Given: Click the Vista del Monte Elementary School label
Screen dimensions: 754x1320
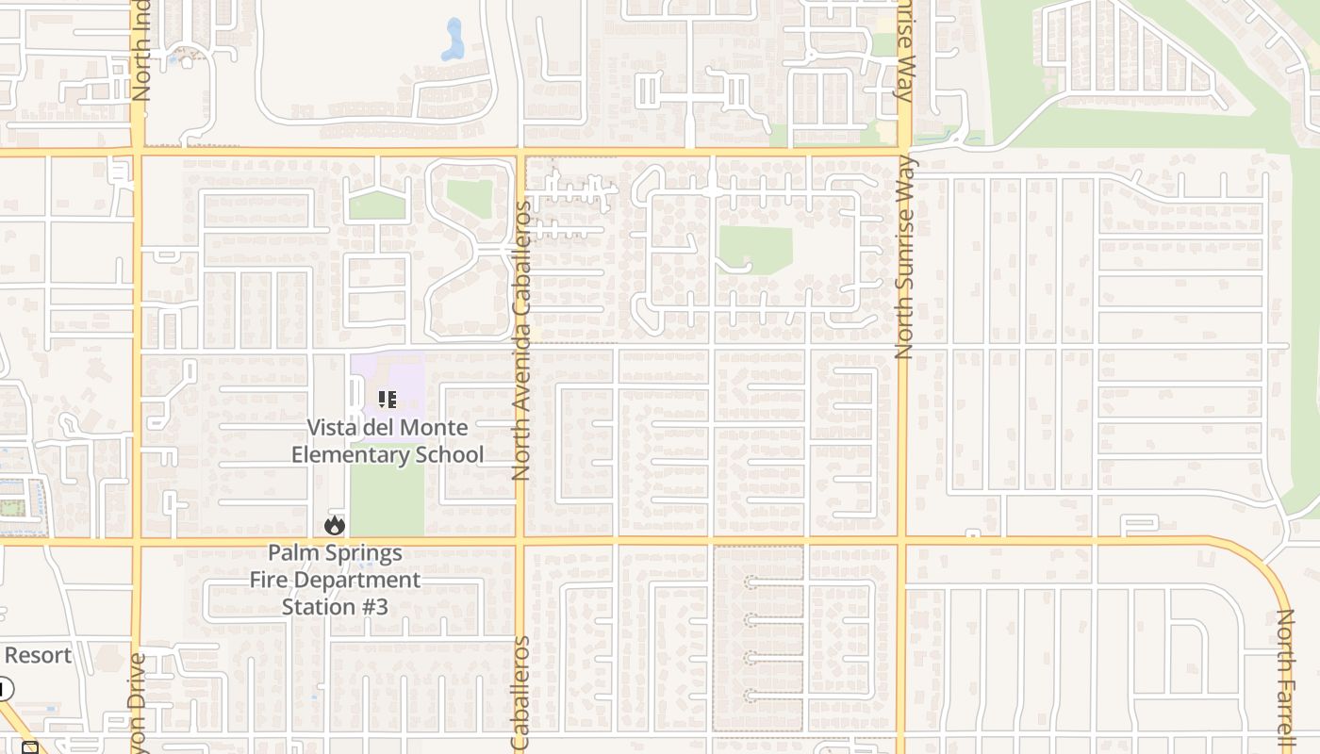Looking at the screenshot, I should pos(387,441).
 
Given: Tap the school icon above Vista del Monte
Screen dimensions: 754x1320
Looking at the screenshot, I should pos(387,400).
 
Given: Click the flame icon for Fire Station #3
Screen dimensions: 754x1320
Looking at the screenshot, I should pos(335,526).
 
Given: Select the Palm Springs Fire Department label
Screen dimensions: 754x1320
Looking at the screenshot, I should pos(335,565).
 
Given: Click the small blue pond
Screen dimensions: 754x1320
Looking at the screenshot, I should pos(454,40).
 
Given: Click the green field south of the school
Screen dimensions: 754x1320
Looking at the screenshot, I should pos(387,500).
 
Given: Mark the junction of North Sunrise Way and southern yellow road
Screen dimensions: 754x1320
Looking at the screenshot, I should pos(903,541).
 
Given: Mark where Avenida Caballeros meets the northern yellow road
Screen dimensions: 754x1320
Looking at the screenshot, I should pos(520,151).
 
